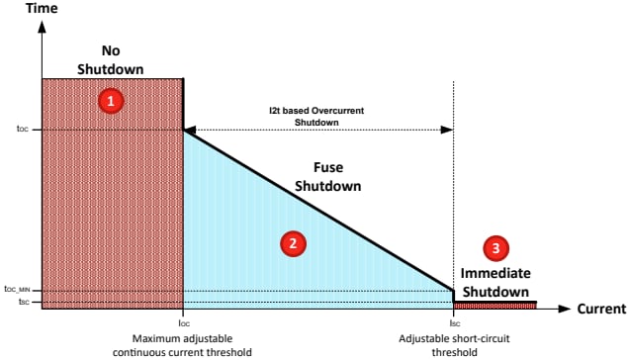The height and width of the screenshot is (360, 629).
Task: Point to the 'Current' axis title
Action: pyautogui.click(x=600, y=310)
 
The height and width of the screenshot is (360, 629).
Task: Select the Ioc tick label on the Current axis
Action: pyautogui.click(x=183, y=322)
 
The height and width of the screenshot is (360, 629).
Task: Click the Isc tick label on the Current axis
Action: pyautogui.click(x=454, y=322)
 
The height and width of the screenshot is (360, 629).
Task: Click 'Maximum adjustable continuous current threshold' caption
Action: pyautogui.click(x=183, y=345)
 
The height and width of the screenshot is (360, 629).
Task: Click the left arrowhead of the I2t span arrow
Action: pyautogui.click(x=191, y=129)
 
